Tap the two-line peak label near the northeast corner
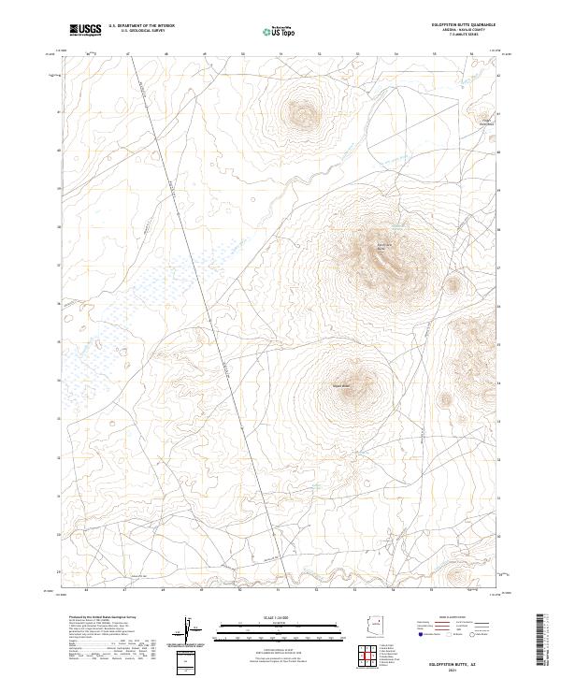click(x=486, y=121)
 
